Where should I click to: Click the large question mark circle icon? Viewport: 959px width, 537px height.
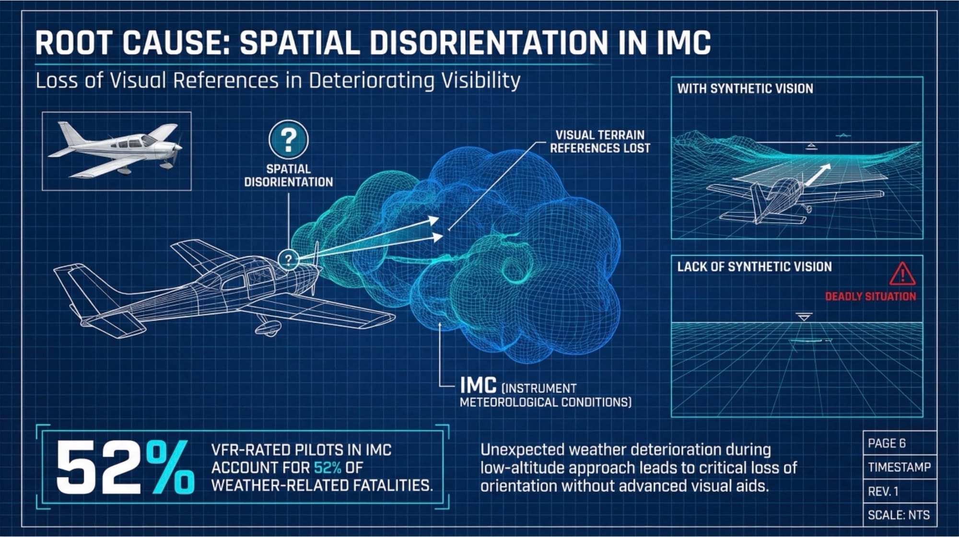tap(288, 140)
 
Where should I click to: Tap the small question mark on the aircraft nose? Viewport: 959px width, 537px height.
tap(288, 260)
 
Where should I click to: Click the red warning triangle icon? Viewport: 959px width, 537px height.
tap(902, 274)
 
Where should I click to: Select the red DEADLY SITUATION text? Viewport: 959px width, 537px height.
tap(870, 297)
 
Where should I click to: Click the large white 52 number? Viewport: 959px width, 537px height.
tap(98, 468)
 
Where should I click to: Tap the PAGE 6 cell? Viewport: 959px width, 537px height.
tap(887, 443)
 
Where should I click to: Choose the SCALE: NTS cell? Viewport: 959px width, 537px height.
tap(899, 515)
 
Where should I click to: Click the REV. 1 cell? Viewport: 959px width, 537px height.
tap(883, 491)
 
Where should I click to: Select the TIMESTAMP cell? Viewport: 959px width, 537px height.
tap(899, 467)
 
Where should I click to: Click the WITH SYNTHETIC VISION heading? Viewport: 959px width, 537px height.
tap(745, 89)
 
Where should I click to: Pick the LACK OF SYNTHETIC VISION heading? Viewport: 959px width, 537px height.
tap(754, 267)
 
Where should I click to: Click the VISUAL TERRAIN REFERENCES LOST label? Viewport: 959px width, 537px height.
tap(600, 142)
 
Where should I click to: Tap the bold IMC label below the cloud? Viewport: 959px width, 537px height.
tap(478, 385)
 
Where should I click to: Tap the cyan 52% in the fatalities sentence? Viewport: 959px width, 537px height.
tap(327, 467)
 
